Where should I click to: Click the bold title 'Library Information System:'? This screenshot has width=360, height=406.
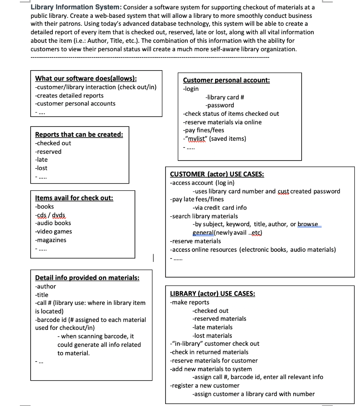[76, 7]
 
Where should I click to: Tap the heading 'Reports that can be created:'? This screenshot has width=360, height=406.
[79, 134]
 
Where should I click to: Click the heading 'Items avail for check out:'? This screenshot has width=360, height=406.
[74, 198]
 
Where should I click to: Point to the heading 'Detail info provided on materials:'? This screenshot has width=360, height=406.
[87, 278]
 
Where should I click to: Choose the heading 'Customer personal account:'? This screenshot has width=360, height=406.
[226, 80]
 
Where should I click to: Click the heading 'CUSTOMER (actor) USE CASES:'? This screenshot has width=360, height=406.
[217, 174]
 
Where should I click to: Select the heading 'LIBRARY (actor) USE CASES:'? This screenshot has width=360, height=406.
[212, 294]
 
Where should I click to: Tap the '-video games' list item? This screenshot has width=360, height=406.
[54, 232]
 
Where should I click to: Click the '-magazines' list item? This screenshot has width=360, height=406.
[51, 240]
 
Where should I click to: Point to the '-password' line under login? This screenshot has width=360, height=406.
[219, 105]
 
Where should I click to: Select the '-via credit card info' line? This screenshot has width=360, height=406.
[219, 208]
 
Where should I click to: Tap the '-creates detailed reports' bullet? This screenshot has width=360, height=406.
[69, 96]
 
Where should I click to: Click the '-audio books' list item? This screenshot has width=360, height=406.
[53, 223]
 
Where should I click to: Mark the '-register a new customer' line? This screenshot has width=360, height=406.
[204, 385]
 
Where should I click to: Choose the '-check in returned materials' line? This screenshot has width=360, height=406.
[209, 352]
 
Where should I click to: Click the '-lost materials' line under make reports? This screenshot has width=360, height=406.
[212, 335]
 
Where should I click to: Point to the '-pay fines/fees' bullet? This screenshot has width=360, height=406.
[203, 130]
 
